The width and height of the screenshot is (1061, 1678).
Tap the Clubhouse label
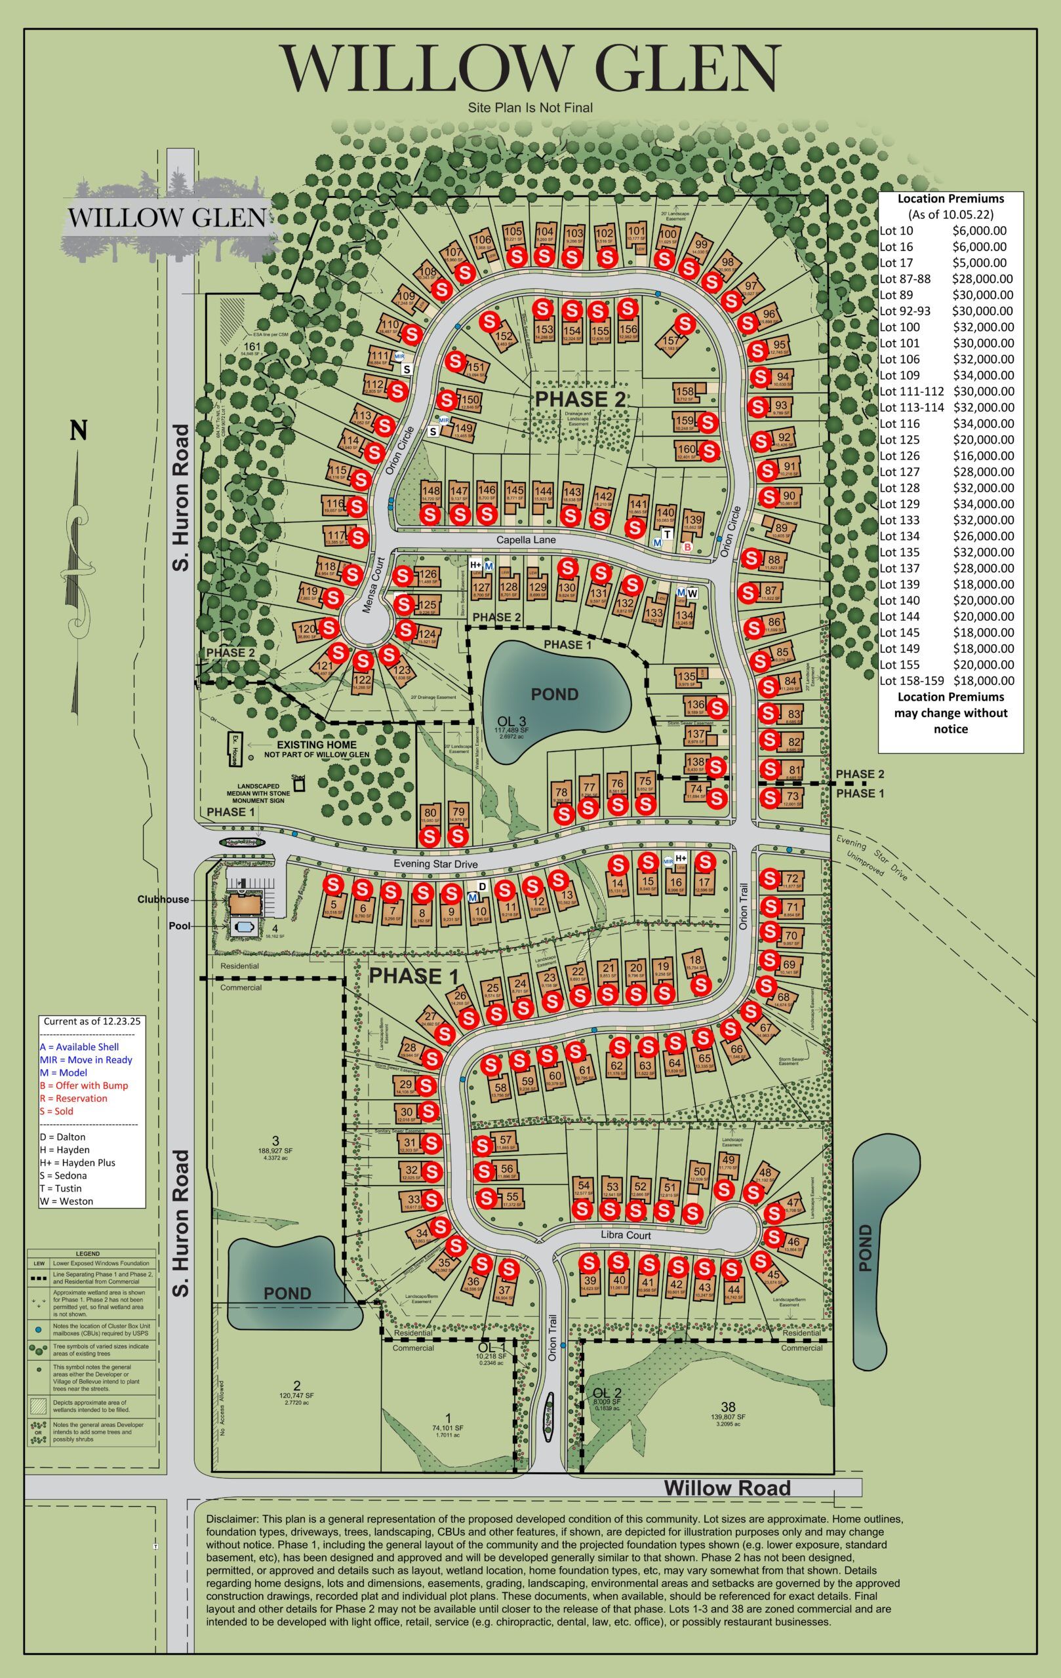(x=163, y=899)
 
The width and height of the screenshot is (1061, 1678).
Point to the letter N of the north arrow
(x=78, y=431)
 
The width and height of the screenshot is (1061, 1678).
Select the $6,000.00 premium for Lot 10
(x=979, y=231)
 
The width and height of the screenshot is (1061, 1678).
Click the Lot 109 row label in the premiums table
(x=900, y=376)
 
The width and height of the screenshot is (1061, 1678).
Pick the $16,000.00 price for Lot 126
(x=983, y=456)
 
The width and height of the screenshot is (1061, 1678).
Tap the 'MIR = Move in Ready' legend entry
(x=86, y=1060)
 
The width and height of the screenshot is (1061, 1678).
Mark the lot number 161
(x=251, y=346)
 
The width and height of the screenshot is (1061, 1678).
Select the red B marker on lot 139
(x=687, y=548)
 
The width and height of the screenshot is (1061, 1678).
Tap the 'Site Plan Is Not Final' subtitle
(x=530, y=107)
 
